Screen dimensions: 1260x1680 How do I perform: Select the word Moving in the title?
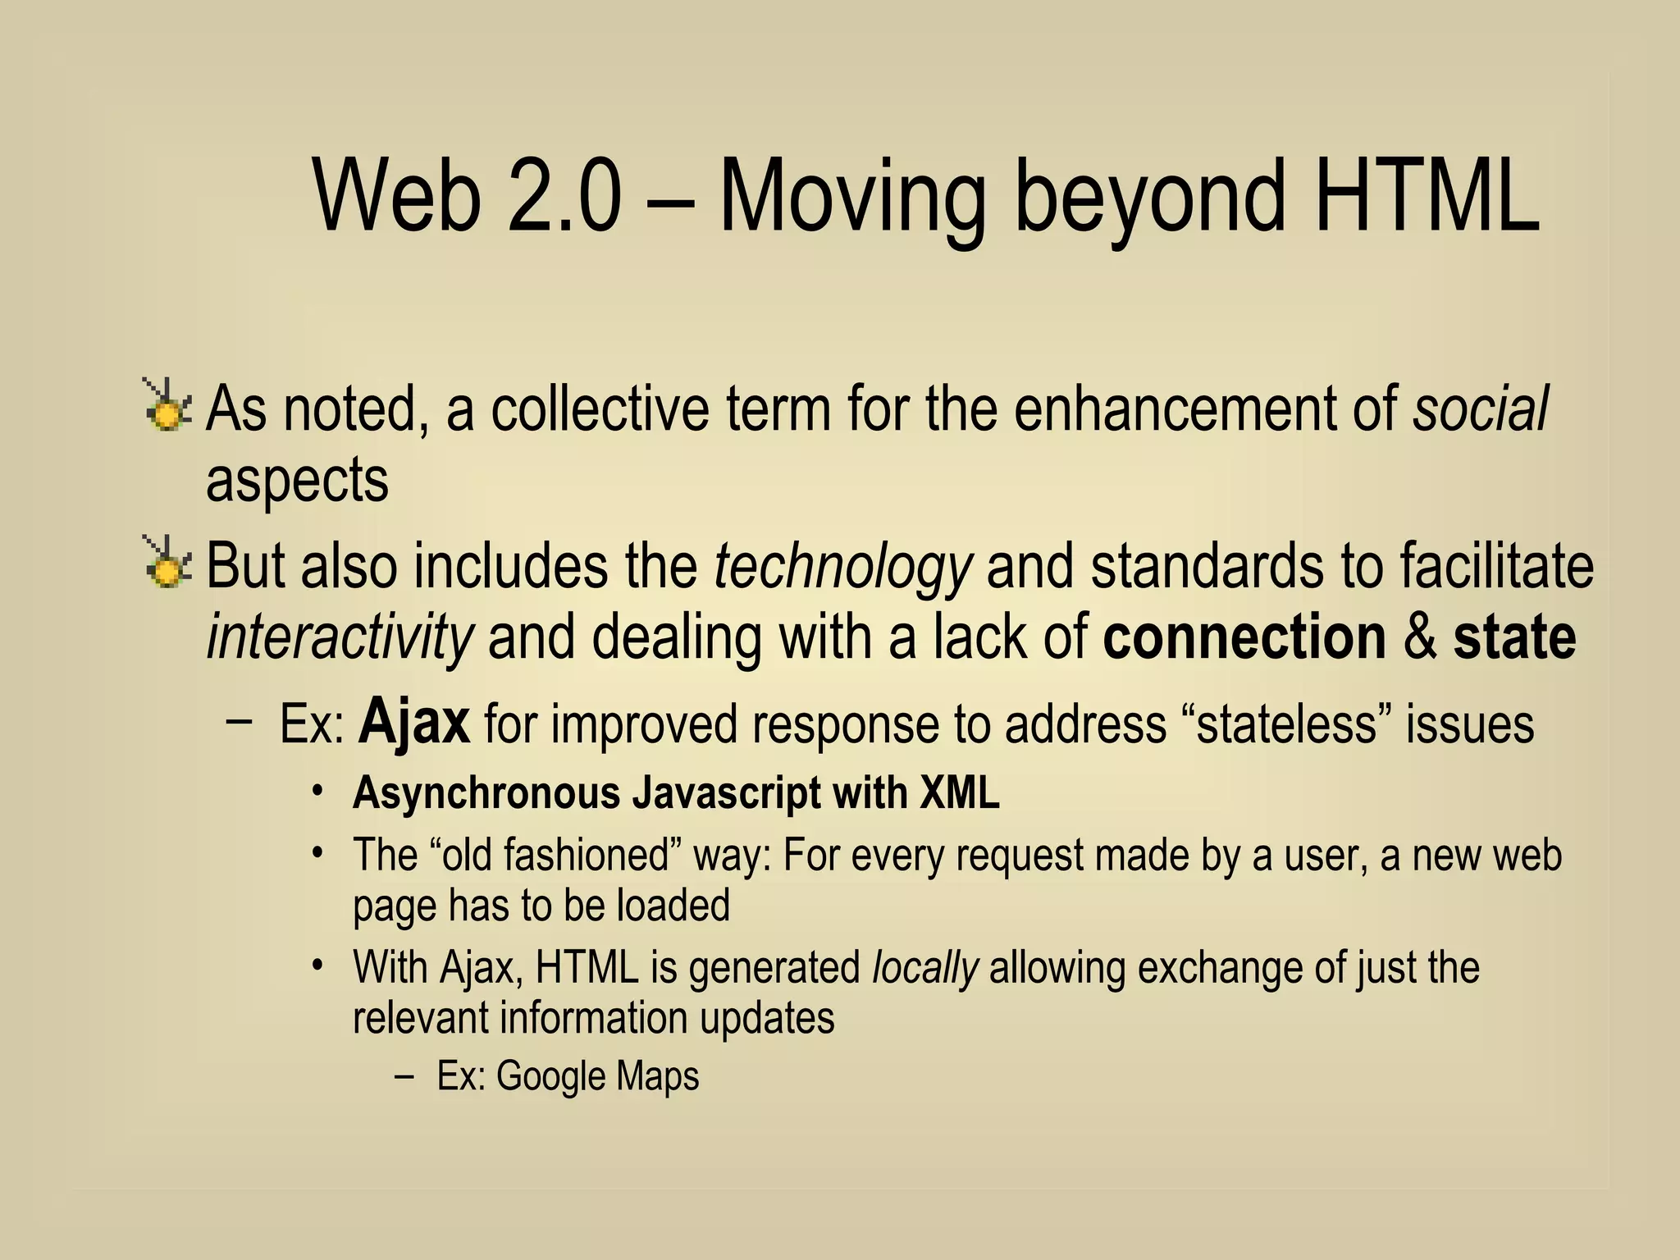pos(852,200)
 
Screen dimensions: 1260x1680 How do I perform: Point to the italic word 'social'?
pos(1480,408)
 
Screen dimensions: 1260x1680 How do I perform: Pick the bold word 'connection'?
pos(1244,637)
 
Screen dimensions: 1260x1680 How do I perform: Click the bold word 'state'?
pos(1514,637)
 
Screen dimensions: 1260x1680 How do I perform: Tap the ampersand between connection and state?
pos(1420,637)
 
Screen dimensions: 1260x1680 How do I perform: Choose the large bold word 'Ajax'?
pos(414,721)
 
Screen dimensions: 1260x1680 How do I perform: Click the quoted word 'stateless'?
pos(1285,724)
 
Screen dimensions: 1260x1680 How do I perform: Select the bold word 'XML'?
pos(959,792)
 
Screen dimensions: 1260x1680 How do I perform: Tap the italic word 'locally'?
pos(924,968)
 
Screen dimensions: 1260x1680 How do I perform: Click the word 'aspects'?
pos(297,482)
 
